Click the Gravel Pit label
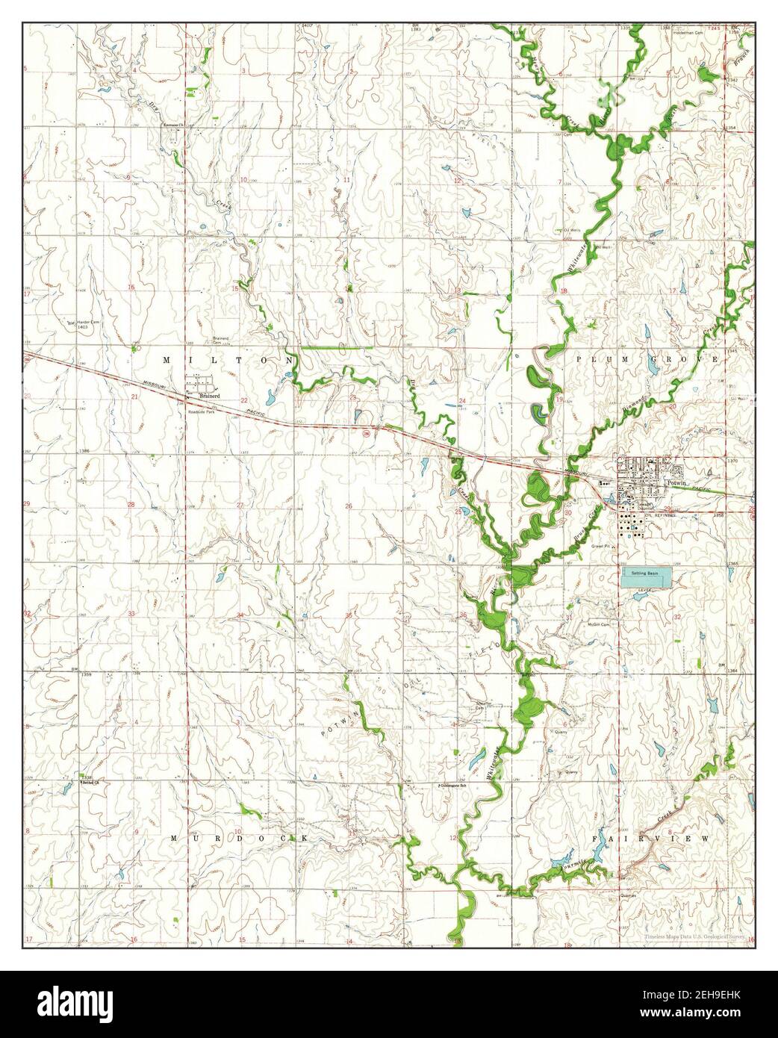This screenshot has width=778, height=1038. tap(602, 545)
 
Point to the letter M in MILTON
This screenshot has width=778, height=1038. tap(167, 360)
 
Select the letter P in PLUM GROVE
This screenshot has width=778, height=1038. tap(580, 360)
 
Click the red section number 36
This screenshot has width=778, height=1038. tap(464, 615)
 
